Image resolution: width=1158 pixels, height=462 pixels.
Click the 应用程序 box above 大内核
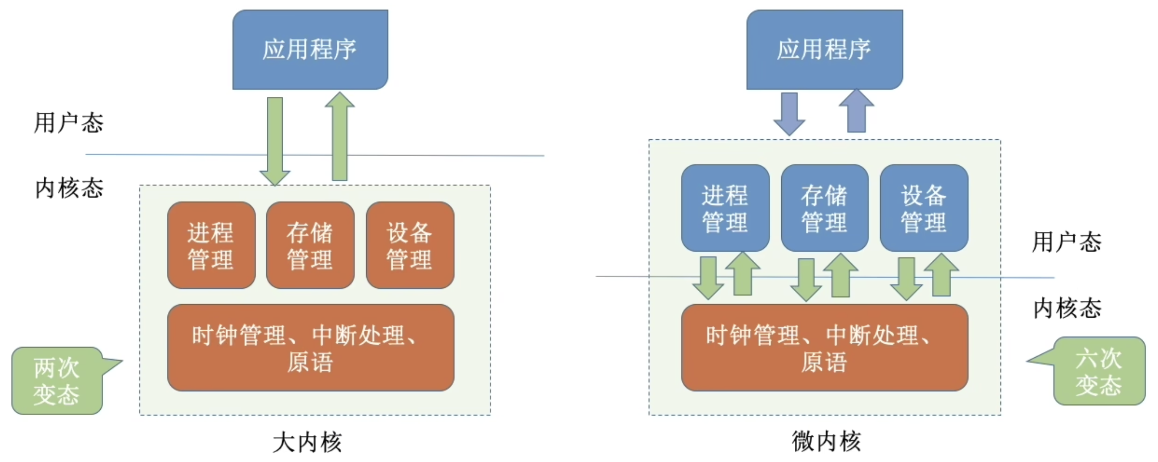coord(310,49)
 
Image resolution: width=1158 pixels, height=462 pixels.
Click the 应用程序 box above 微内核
coord(824,49)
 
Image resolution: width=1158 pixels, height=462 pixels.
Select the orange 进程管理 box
coord(211,245)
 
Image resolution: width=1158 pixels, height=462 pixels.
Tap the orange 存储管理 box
coord(310,245)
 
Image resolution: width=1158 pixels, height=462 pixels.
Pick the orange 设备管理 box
coord(410,245)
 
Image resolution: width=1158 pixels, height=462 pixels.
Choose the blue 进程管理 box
coord(725,208)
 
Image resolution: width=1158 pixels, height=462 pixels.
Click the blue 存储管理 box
coord(824,208)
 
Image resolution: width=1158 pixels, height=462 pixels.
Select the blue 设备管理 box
coord(924,208)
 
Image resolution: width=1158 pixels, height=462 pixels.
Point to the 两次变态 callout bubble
coord(56,381)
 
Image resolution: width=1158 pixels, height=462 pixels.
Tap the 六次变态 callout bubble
coord(1098,371)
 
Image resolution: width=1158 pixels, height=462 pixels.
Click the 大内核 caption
coord(308,442)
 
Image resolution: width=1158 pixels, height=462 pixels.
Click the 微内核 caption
coord(826,441)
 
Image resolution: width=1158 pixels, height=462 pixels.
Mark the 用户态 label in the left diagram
coord(69,122)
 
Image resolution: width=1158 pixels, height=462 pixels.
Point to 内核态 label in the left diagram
coord(69,188)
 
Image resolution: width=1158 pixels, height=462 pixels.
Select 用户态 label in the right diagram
coord(1066,242)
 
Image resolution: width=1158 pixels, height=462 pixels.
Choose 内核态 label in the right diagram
coord(1067,308)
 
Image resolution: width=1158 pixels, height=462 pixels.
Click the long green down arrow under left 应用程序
coord(275,139)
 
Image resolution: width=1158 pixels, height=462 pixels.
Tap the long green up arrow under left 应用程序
coord(340,137)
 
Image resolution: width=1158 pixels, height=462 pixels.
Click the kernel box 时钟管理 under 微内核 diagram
coord(824,348)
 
